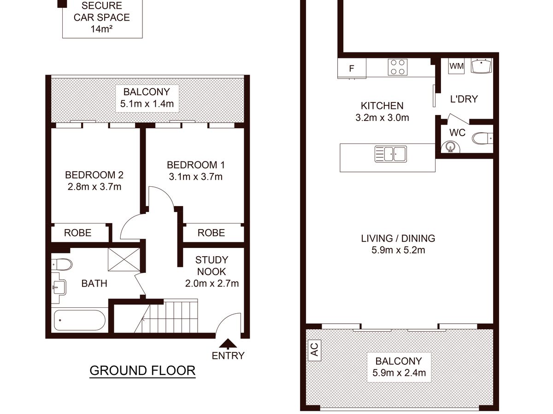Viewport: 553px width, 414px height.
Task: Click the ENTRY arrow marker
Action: (x=228, y=344)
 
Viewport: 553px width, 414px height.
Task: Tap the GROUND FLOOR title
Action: (x=142, y=371)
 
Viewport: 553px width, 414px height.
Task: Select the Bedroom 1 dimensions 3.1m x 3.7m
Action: (x=196, y=177)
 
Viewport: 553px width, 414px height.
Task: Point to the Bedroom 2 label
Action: (x=94, y=175)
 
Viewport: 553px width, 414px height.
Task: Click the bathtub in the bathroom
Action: (x=80, y=320)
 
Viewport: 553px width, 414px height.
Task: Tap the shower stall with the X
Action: (x=124, y=259)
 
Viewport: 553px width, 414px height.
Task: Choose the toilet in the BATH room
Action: (x=62, y=264)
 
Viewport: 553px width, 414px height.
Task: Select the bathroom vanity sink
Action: (x=59, y=287)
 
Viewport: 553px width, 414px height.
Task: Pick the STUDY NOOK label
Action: (x=212, y=266)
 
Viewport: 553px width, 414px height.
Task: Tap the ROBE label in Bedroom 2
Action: (x=77, y=233)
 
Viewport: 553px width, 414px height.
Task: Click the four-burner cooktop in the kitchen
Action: (x=398, y=67)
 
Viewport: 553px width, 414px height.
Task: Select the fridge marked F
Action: (x=352, y=68)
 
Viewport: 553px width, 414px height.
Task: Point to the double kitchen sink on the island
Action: (x=391, y=154)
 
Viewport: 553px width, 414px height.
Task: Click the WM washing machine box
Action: (x=457, y=66)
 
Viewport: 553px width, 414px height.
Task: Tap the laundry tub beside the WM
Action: (x=482, y=66)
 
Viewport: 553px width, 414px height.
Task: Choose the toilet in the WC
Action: (x=482, y=138)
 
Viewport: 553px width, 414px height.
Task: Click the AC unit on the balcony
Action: (x=314, y=350)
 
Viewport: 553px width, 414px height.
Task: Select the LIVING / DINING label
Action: (x=398, y=238)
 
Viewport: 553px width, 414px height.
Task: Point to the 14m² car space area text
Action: (x=101, y=29)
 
